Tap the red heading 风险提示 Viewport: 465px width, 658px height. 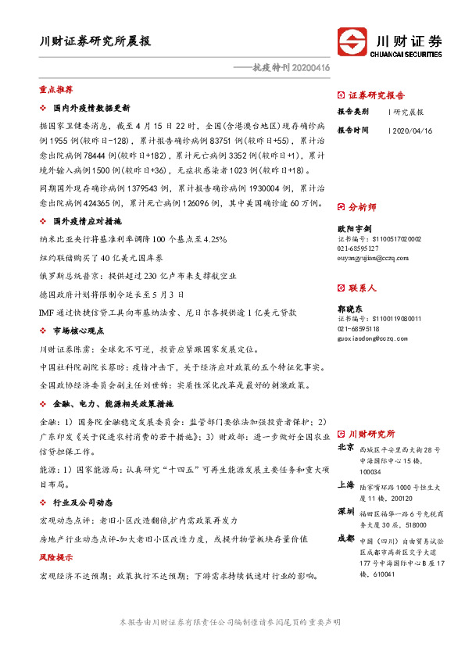pyautogui.click(x=55, y=558)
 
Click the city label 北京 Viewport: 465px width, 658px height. pyautogui.click(x=345, y=448)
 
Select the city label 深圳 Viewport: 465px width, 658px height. pyautogui.click(x=345, y=511)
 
